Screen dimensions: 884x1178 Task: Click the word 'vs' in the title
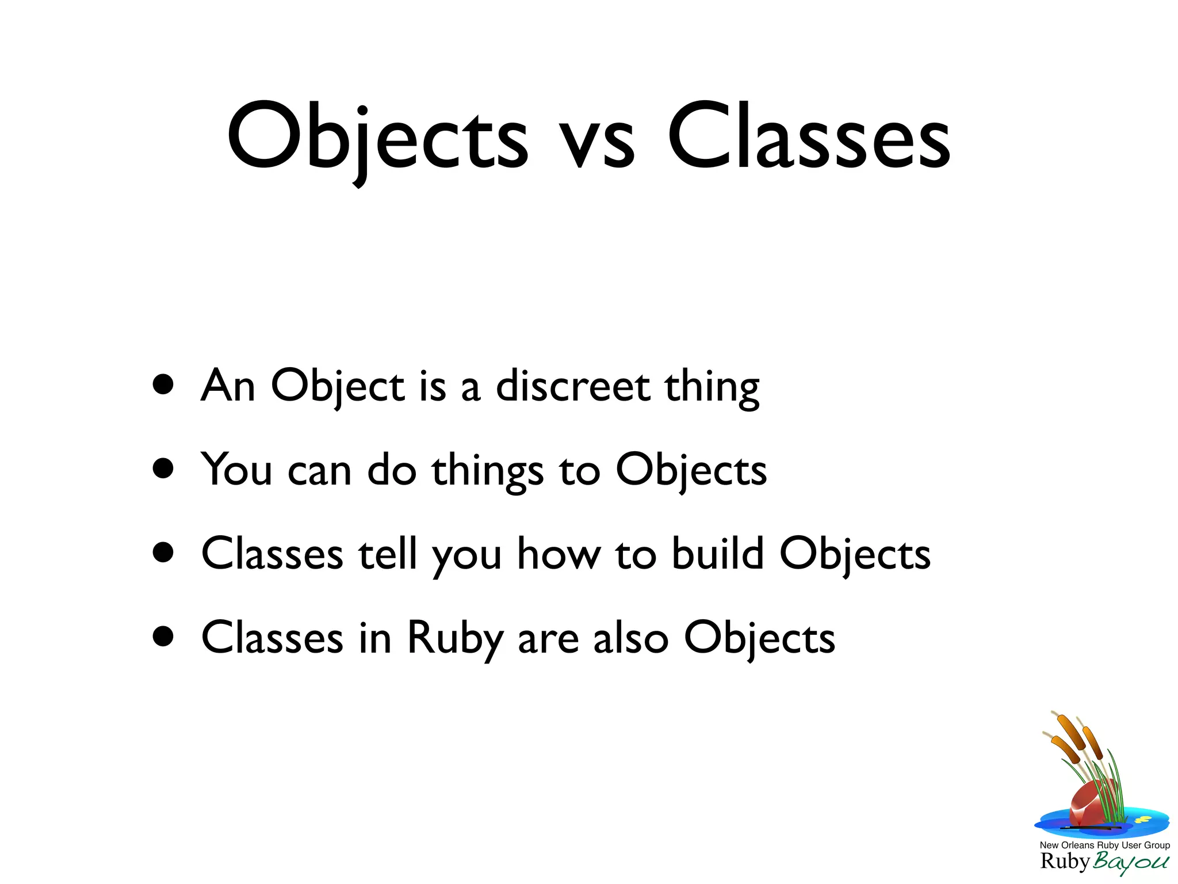coord(598,141)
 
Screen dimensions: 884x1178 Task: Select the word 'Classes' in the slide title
coord(808,137)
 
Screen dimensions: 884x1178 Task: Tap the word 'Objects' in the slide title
coord(377,138)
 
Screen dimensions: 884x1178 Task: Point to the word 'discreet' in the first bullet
coord(573,386)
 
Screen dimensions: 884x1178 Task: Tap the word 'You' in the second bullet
coord(236,470)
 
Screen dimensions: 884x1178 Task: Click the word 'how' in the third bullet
coord(559,553)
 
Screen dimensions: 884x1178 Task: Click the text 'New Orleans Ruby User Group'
coord(1104,845)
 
